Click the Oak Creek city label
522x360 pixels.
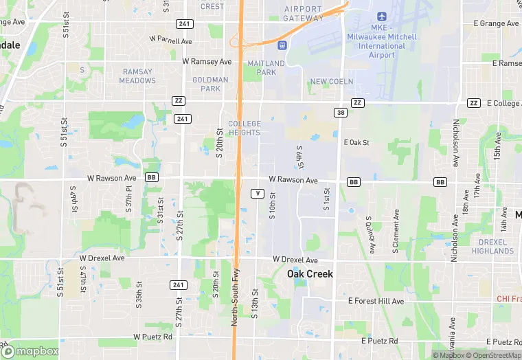pyautogui.click(x=310, y=273)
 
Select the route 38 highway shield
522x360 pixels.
pyautogui.click(x=341, y=112)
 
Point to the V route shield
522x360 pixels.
pyautogui.click(x=257, y=193)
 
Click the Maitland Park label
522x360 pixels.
pyautogui.click(x=262, y=68)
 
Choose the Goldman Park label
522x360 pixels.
pyautogui.click(x=210, y=85)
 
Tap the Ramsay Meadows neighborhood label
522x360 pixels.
pyautogui.click(x=138, y=76)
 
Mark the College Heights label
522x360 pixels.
pyautogui.click(x=244, y=128)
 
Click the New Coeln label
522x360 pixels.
pyautogui.click(x=331, y=81)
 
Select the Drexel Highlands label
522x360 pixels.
pyautogui.click(x=493, y=247)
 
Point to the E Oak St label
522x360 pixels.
pyautogui.click(x=356, y=143)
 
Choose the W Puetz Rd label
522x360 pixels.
pyautogui.click(x=154, y=338)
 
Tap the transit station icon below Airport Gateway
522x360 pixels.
pyautogui.click(x=282, y=45)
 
